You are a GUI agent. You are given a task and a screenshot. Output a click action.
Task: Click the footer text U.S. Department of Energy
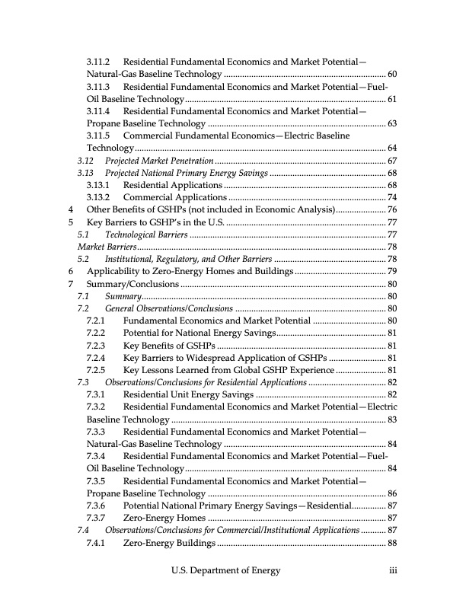click(x=225, y=570)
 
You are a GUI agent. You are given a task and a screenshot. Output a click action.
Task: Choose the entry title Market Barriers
click(x=107, y=247)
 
